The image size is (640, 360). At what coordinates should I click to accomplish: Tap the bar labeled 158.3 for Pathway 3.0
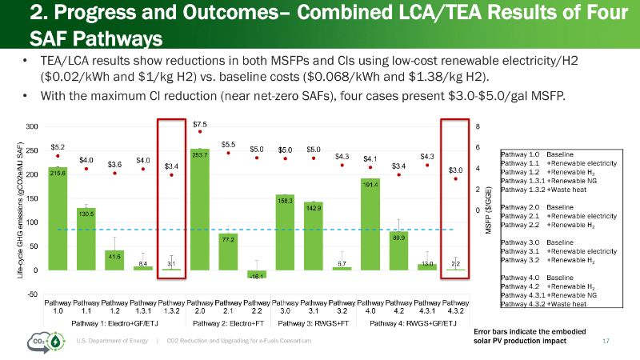click(285, 232)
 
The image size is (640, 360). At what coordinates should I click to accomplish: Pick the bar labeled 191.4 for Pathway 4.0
click(370, 224)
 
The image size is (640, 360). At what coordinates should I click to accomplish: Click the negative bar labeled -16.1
click(256, 274)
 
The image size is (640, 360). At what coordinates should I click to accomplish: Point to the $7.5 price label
click(200, 124)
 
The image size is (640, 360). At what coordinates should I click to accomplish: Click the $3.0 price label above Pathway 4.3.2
click(455, 170)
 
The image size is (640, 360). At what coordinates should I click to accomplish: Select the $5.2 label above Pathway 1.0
click(58, 146)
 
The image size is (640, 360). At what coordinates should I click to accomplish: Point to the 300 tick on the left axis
click(31, 127)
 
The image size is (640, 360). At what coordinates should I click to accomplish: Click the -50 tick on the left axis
click(31, 294)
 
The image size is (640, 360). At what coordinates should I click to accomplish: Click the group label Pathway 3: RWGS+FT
click(313, 323)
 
